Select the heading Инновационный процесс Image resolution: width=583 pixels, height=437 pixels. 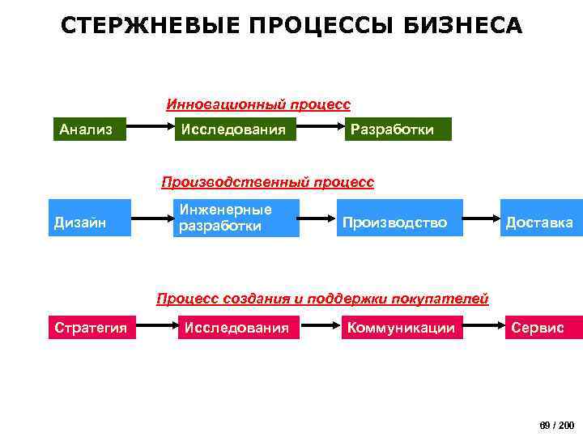(x=258, y=104)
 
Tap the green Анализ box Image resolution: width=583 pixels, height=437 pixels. (x=88, y=129)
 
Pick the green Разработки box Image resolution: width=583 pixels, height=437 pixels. (x=397, y=129)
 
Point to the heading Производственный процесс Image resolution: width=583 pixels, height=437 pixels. (x=268, y=182)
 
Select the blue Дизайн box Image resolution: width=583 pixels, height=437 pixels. (x=90, y=218)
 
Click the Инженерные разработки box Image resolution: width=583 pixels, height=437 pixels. (x=238, y=218)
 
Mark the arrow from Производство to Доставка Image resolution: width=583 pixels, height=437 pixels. (x=481, y=218)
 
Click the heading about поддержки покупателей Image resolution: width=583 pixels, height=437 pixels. (x=322, y=299)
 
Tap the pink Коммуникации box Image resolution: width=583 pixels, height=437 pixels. (x=402, y=327)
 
